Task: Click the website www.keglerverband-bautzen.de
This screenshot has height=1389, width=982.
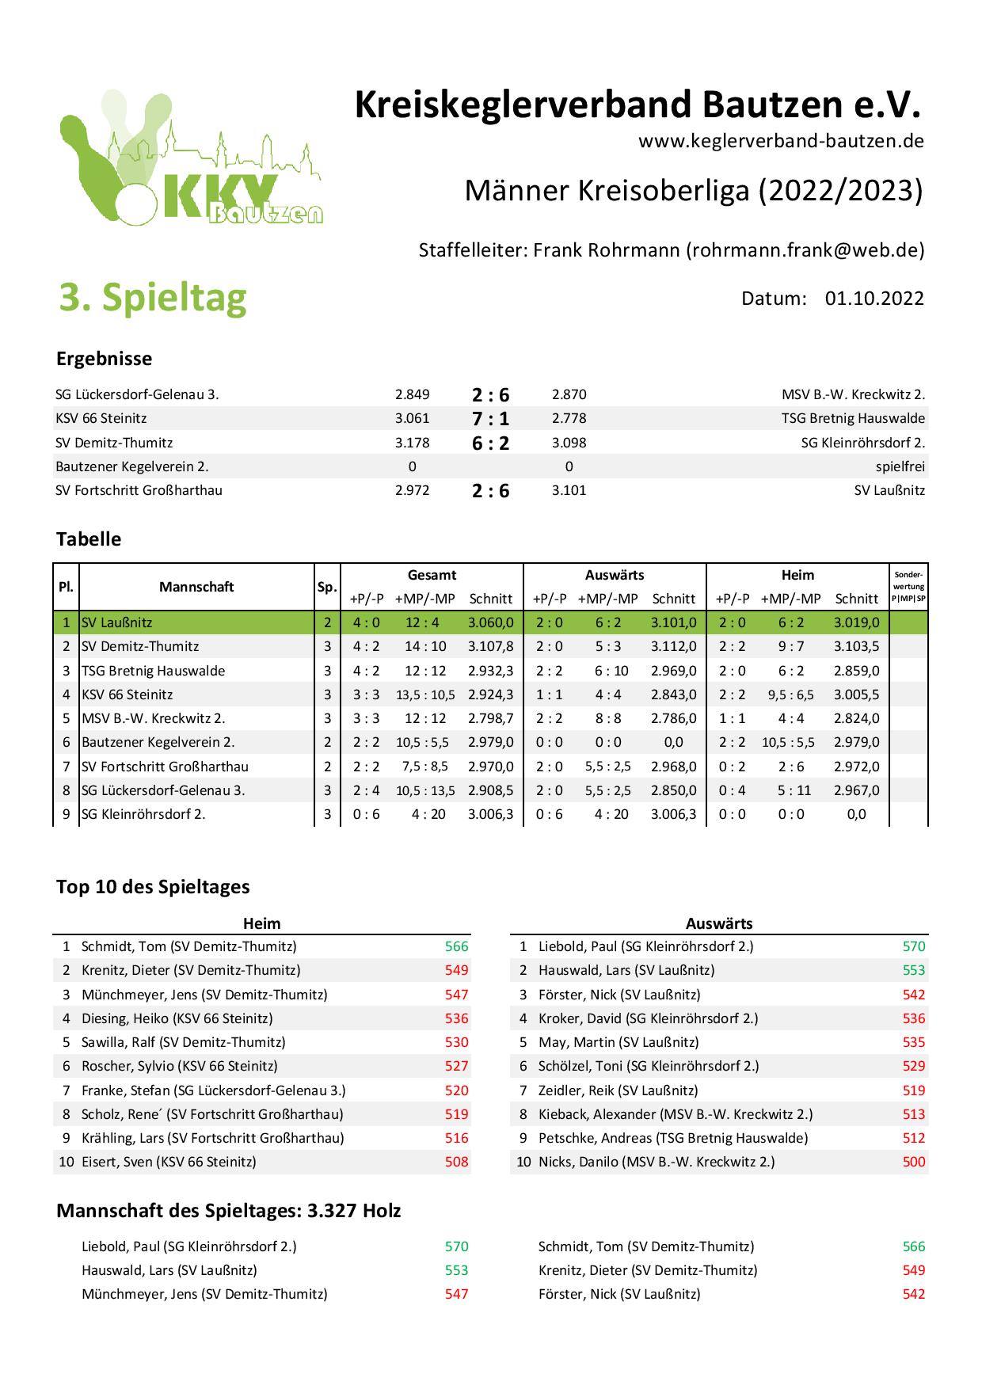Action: tap(781, 141)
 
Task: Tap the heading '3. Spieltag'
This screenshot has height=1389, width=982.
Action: tap(153, 297)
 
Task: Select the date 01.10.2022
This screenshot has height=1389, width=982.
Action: tap(874, 298)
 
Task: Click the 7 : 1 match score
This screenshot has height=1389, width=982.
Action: tap(491, 419)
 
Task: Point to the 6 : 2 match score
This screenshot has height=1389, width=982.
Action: tap(491, 443)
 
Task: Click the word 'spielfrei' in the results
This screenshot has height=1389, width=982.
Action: tap(900, 466)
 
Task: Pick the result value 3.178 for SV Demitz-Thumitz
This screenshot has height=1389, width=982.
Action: tap(412, 443)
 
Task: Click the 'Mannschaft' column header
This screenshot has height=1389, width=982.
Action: tap(196, 587)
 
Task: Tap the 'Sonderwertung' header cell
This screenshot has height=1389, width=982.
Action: tap(908, 587)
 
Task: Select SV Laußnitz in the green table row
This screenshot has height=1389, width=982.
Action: tap(117, 622)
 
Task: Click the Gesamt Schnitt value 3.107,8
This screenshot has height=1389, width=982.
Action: tap(491, 646)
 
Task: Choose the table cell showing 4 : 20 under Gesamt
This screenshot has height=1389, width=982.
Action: tap(428, 813)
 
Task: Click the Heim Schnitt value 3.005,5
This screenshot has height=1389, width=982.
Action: tap(856, 694)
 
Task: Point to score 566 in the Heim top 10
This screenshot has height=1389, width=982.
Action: tap(456, 946)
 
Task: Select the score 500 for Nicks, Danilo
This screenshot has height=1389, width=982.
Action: tap(913, 1162)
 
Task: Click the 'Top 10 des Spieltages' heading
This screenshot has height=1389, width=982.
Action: tap(153, 887)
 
